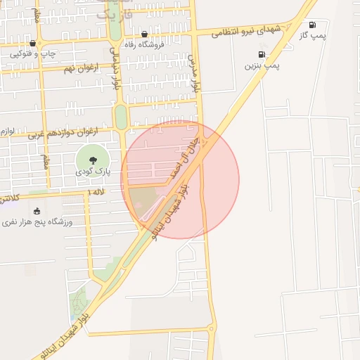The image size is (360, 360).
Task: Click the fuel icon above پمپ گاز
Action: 312,25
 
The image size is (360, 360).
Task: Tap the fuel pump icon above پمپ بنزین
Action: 262,54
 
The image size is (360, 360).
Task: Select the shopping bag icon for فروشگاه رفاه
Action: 145,34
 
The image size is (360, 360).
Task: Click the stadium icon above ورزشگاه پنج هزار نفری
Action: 37,211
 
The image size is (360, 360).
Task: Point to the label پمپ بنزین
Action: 262,65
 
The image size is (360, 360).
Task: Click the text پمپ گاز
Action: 312,35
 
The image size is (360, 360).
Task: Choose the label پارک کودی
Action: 92,171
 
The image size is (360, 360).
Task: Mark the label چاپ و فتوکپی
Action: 32,53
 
